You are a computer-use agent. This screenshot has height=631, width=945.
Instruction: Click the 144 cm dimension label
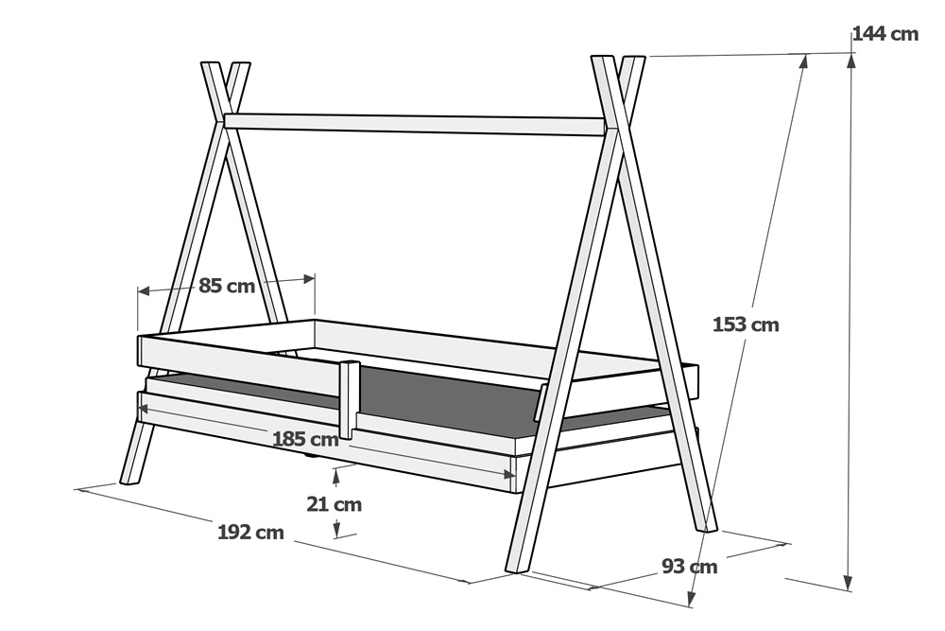point(885,34)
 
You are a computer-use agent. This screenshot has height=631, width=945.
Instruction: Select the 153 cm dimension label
point(746,324)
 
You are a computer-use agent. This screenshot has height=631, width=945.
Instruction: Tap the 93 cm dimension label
point(690,567)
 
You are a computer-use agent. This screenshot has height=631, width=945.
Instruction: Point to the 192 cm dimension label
point(250,532)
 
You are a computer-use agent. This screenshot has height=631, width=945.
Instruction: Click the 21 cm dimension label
point(334,503)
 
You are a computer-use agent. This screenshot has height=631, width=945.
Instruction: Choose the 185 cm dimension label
point(305,439)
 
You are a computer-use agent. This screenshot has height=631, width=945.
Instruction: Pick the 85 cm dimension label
point(227,286)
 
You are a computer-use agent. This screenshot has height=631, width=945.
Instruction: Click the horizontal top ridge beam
point(415,124)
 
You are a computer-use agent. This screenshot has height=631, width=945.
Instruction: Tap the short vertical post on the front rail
point(349,399)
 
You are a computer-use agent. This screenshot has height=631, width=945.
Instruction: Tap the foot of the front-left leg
point(129,479)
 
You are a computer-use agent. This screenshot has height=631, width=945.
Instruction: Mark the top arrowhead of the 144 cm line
point(851,59)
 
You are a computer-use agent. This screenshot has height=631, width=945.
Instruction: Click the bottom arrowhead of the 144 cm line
point(848,583)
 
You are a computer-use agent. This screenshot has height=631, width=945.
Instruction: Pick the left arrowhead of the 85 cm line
point(144,291)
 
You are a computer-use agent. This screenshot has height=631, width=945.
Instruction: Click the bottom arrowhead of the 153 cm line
point(692,597)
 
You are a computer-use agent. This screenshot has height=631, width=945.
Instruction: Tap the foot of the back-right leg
point(711,527)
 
